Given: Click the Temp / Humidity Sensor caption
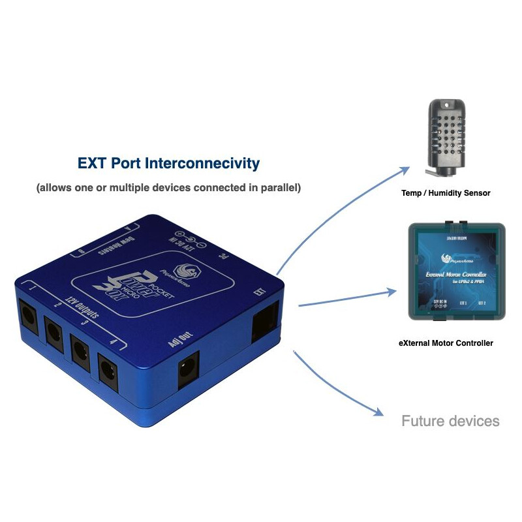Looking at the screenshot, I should tap(446, 192).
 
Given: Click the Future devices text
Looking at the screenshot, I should tap(450, 421).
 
